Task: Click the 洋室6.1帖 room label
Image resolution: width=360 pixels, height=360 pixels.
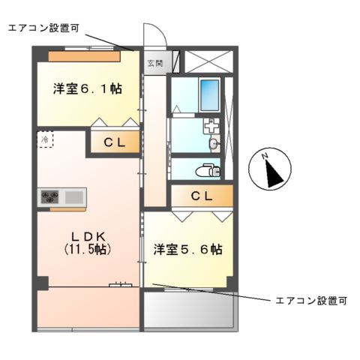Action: click(88, 88)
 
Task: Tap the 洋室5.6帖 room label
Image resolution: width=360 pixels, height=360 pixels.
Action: click(187, 248)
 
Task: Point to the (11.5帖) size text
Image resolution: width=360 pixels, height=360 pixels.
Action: click(87, 250)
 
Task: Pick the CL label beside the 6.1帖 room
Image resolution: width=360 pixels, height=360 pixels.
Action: click(114, 142)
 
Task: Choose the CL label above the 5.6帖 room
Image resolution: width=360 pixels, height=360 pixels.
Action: click(201, 196)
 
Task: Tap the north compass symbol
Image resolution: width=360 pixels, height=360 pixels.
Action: click(271, 170)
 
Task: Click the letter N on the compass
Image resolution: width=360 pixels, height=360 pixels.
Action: click(265, 157)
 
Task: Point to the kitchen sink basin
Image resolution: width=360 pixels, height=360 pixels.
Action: click(74, 197)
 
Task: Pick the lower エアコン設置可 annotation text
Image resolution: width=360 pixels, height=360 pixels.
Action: click(310, 301)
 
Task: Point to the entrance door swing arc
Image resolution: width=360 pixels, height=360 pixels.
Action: click(154, 34)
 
